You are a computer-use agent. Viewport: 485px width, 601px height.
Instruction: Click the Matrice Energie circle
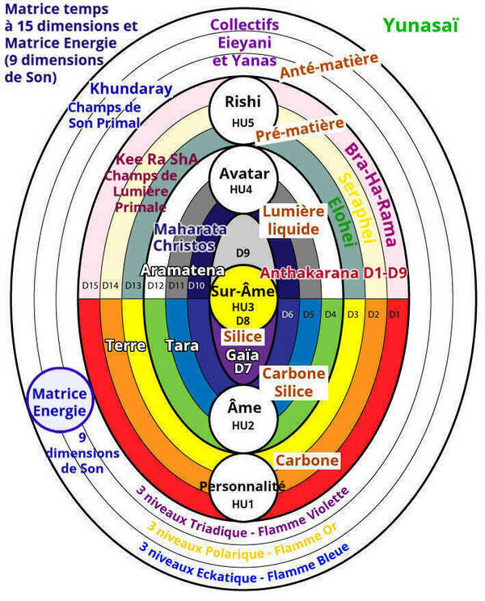[57, 402]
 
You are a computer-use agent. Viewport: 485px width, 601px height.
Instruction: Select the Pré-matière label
[300, 130]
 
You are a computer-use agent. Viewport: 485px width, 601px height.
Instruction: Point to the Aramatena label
[171, 269]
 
